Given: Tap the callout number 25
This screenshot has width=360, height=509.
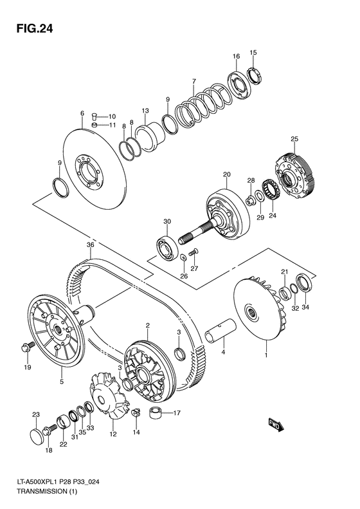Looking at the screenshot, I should tap(294, 140).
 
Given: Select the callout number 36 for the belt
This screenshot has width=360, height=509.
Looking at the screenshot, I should tap(91, 245).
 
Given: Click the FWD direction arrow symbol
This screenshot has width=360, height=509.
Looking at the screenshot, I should tap(276, 424).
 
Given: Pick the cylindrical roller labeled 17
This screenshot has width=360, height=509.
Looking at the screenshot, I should tap(155, 412).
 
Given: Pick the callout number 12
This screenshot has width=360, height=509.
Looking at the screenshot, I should tap(113, 434).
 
